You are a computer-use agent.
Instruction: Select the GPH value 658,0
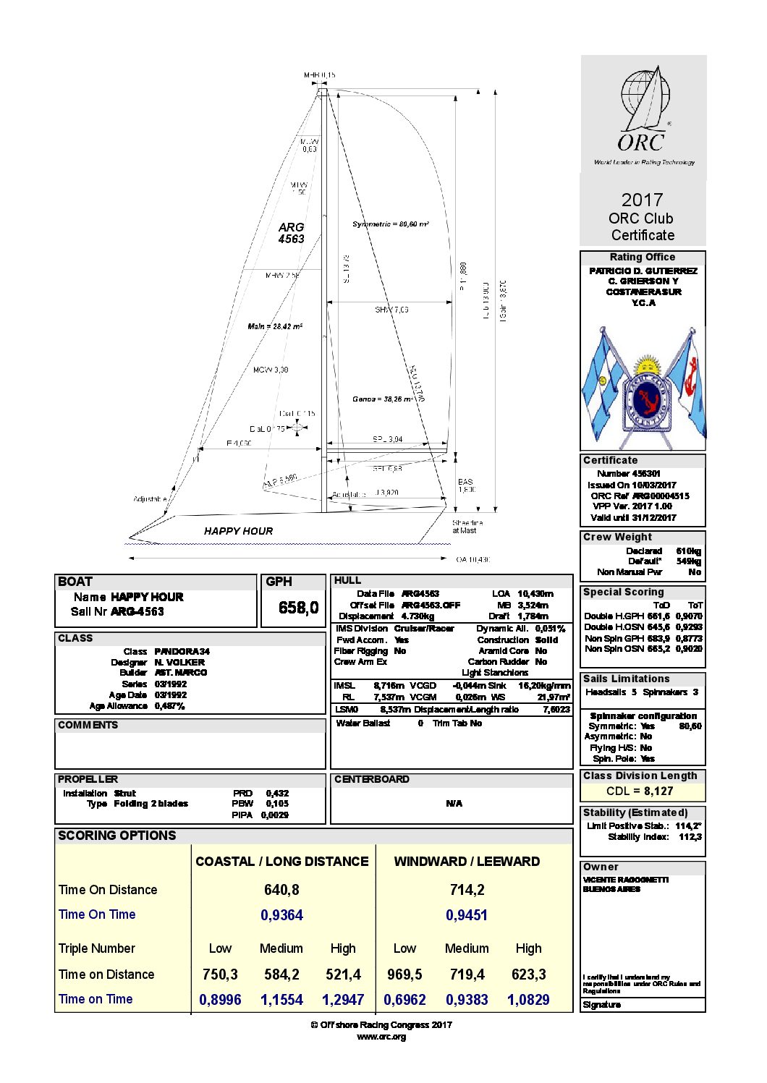(298, 608)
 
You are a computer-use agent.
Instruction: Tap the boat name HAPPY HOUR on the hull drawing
(238, 531)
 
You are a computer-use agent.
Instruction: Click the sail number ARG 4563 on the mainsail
(291, 233)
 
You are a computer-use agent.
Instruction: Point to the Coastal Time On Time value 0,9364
(281, 915)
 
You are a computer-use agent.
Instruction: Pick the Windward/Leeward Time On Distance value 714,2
(467, 890)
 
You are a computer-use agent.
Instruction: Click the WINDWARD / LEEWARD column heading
(467, 862)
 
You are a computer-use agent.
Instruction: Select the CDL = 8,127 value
(640, 791)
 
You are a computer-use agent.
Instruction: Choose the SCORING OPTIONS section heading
(117, 836)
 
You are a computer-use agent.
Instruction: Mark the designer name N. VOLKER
(179, 662)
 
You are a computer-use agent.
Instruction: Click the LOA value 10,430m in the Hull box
(535, 594)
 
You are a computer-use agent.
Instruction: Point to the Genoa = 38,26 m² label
(383, 399)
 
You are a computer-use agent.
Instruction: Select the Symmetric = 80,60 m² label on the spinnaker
(391, 224)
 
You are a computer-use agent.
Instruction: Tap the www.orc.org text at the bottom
(381, 1037)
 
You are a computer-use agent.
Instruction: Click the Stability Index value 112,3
(690, 837)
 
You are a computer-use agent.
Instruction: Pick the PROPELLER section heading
(88, 779)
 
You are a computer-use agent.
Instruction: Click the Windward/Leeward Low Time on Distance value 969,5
(404, 974)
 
